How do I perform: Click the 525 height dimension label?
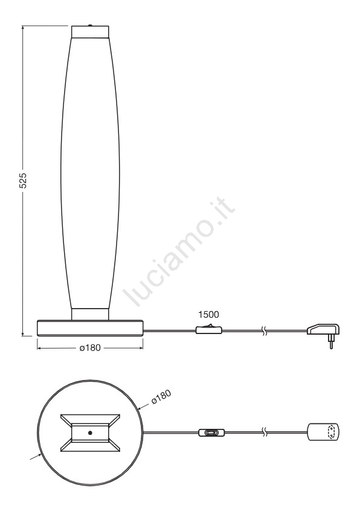23,181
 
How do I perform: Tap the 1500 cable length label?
208,314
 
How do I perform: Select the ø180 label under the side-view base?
90,348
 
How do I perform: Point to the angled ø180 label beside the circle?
161,397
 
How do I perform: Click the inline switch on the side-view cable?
208,329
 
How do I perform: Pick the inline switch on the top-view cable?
211,433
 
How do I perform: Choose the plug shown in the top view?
323,431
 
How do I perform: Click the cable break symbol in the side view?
264,330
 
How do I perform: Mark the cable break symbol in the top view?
264,433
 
